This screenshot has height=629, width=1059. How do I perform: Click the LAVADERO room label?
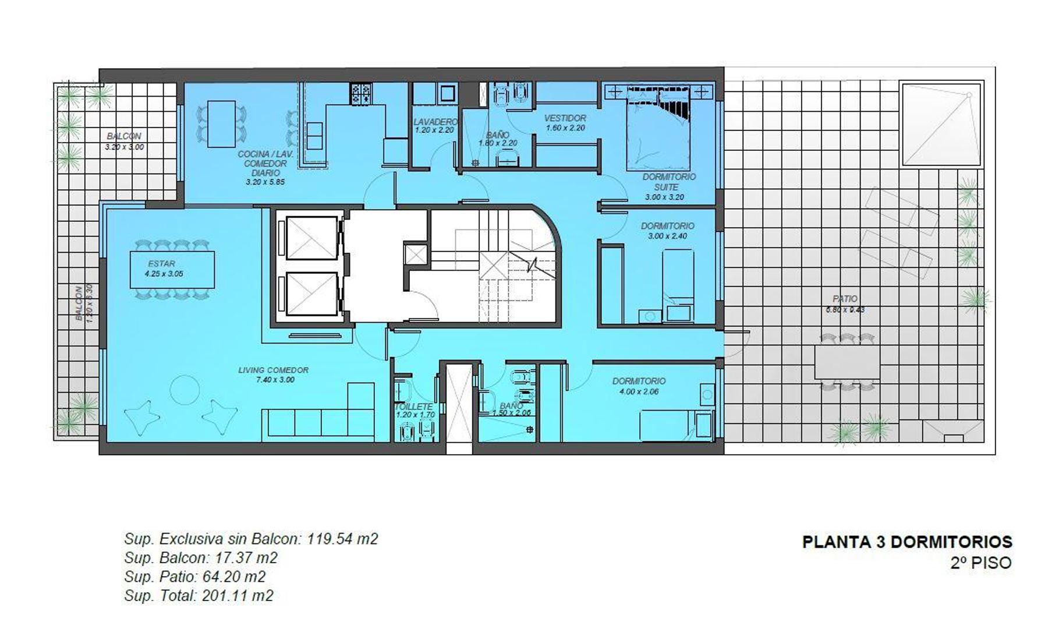click(x=435, y=122)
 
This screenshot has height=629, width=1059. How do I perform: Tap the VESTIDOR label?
click(x=565, y=118)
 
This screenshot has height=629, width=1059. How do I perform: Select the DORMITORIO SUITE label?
click(x=668, y=182)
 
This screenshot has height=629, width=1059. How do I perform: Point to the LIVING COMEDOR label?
click(x=273, y=370)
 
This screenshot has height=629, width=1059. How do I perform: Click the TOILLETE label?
click(x=414, y=407)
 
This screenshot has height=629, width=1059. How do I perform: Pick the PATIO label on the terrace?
click(x=845, y=299)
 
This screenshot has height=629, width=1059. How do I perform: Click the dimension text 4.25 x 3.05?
click(x=164, y=274)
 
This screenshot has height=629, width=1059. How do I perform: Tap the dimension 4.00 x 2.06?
click(x=639, y=391)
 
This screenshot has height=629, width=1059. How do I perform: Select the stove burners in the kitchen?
click(x=361, y=94)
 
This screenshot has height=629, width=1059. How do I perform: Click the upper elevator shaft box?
click(x=311, y=237)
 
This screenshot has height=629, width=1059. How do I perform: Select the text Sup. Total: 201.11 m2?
click(x=199, y=596)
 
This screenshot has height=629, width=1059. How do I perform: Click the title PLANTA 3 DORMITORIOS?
click(x=907, y=542)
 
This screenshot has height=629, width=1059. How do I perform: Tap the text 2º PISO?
click(x=981, y=563)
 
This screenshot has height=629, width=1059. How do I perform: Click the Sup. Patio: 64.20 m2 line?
click(x=194, y=577)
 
